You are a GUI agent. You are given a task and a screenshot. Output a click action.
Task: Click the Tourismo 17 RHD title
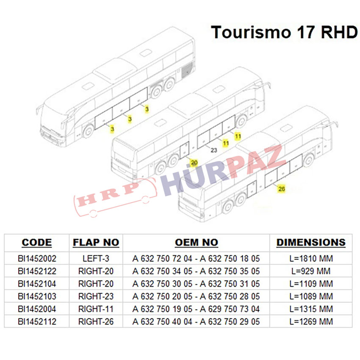(284, 32)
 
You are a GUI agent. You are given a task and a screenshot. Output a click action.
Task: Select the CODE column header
(37, 243)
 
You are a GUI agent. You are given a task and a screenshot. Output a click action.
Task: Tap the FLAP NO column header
(96, 243)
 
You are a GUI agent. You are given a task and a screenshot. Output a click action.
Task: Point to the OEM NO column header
(197, 243)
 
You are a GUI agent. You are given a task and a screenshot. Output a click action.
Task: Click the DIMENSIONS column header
(311, 243)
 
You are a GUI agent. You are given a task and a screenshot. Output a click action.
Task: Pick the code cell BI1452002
(37, 258)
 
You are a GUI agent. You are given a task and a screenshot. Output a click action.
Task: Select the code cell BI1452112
(37, 322)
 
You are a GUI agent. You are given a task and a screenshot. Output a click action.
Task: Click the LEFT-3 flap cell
(96, 258)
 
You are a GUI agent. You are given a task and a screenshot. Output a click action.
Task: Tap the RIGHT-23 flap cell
(96, 296)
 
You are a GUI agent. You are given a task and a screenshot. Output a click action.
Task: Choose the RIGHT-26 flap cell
(96, 322)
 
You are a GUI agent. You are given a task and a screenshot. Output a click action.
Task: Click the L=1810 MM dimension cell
(311, 258)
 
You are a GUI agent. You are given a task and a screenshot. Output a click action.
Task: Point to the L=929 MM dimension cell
(311, 271)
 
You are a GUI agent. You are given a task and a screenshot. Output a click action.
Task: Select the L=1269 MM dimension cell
(311, 322)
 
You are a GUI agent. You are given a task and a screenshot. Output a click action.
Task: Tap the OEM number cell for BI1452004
(197, 309)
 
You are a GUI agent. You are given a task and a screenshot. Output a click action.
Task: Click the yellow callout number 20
(194, 163)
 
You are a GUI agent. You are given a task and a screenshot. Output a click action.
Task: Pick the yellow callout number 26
(282, 189)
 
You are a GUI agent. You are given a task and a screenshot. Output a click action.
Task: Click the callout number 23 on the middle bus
(214, 150)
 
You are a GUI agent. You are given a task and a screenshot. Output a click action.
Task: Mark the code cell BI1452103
(37, 296)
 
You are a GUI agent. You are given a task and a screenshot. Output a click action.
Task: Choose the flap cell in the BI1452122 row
(96, 271)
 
